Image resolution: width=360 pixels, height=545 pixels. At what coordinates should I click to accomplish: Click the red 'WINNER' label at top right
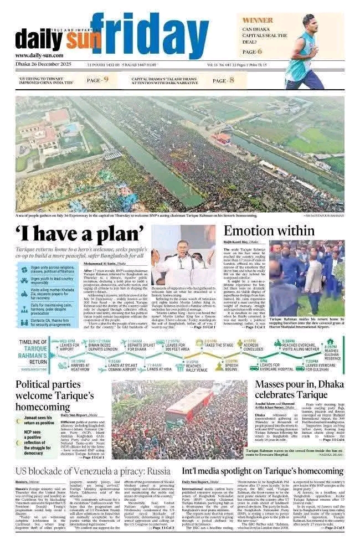[x=258, y=20]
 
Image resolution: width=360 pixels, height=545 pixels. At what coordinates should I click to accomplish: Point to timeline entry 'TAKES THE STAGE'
[x=212, y=344]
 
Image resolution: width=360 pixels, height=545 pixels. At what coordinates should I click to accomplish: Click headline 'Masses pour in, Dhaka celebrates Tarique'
[x=299, y=390]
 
